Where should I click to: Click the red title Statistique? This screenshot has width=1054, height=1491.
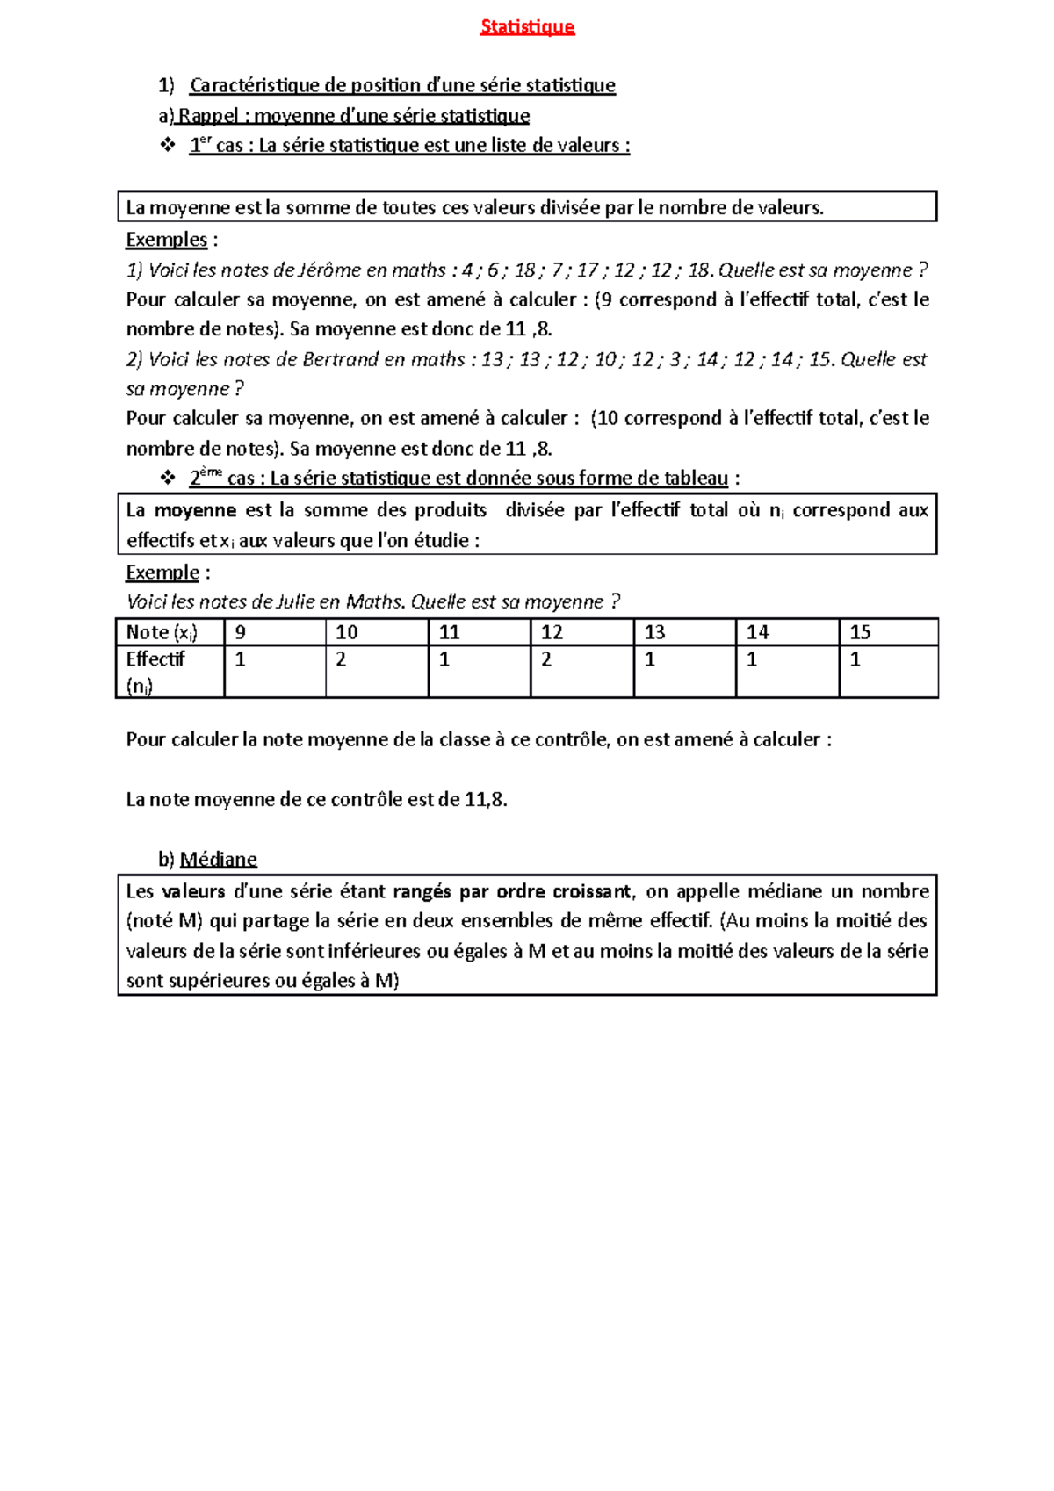point(527,27)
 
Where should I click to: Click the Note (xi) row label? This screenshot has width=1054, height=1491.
point(162,632)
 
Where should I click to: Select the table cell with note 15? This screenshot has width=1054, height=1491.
point(888,632)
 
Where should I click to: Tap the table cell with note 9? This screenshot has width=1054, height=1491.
point(274,632)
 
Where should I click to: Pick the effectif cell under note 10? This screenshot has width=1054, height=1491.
point(377,672)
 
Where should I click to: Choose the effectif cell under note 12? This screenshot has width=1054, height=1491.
point(581,672)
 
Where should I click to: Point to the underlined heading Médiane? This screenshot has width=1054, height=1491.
point(218,859)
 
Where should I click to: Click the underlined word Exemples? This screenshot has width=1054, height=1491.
point(166,240)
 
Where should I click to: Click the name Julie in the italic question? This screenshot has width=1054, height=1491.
point(295,602)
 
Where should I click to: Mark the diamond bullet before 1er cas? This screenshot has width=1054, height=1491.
point(168,145)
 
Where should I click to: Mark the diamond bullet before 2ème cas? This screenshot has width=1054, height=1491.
point(168,478)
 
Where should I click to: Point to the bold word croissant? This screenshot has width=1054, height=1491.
point(591,891)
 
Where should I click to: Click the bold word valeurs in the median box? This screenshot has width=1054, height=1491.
point(193,891)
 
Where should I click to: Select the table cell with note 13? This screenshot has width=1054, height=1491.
point(684,632)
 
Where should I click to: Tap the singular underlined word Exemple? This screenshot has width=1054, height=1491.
point(162,573)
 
